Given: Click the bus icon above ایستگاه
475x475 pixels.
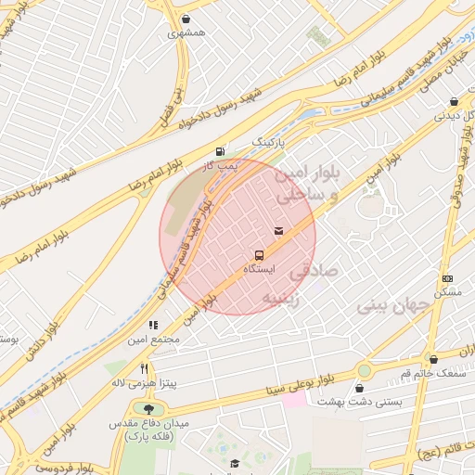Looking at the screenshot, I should point(259,254).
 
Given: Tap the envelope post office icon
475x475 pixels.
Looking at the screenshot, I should point(278,230).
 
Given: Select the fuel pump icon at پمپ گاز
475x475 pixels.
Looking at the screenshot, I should point(220,151).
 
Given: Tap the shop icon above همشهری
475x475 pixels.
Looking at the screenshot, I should point(187,19).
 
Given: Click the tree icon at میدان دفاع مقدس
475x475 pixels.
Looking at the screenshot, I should point(148,407).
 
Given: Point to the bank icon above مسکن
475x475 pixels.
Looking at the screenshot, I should point(447,278).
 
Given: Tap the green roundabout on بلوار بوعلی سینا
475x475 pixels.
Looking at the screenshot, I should point(364,371).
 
